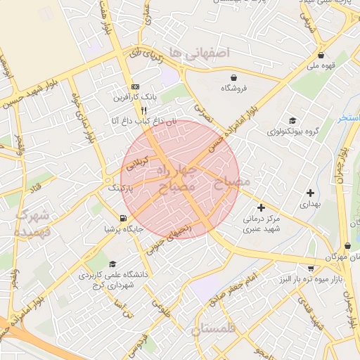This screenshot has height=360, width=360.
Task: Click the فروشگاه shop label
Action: pos(233,88)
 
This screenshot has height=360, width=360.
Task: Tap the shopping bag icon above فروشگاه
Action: pos(233,76)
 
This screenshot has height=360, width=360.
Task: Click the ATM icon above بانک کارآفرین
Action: pos(136,86)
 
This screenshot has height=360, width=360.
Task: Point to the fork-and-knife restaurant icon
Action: pos(144,110)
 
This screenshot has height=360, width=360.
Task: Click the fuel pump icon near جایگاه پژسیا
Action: pos(124,217)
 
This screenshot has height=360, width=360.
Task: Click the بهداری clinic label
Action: pos(310,204)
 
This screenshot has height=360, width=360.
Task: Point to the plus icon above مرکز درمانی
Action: pos(262,207)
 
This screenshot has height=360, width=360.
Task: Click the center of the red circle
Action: pos(181,179)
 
